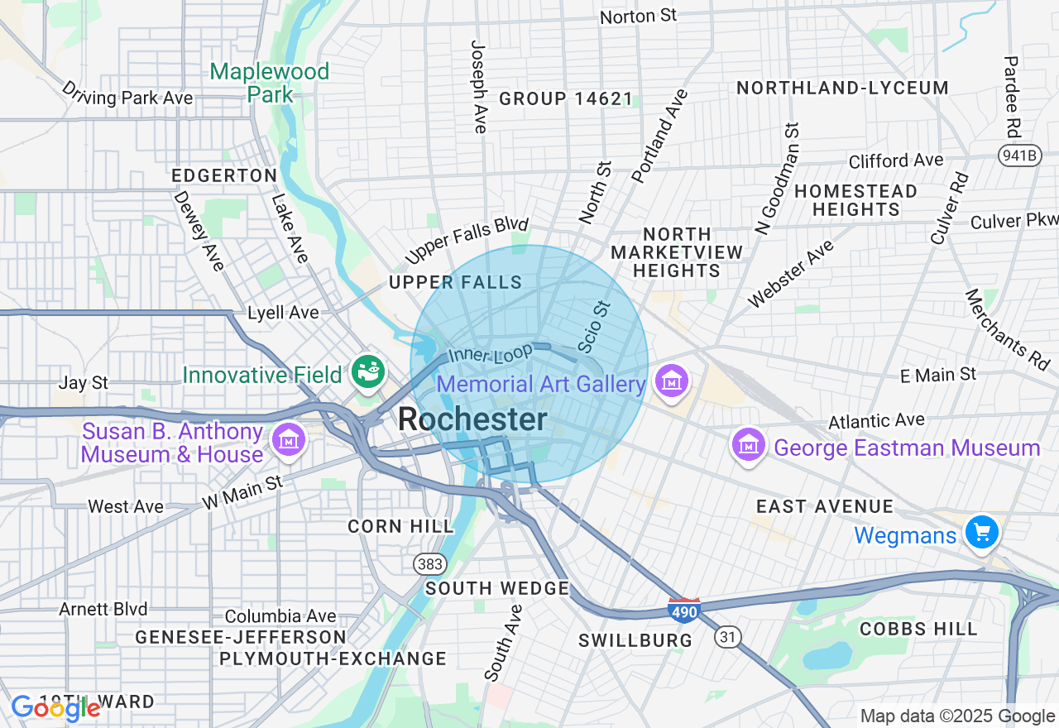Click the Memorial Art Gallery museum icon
tap(672, 381)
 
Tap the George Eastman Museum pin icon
tap(749, 445)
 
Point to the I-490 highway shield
tap(684, 610)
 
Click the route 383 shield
tap(430, 564)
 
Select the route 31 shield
tap(728, 637)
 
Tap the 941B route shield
tap(1018, 155)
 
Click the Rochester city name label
tap(472, 419)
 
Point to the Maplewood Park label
tap(270, 83)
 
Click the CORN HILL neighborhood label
tap(400, 526)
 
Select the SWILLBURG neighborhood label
tap(635, 640)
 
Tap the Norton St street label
tap(638, 16)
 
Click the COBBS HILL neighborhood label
tap(918, 629)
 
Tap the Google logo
tap(56, 708)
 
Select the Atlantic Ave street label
tap(876, 421)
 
